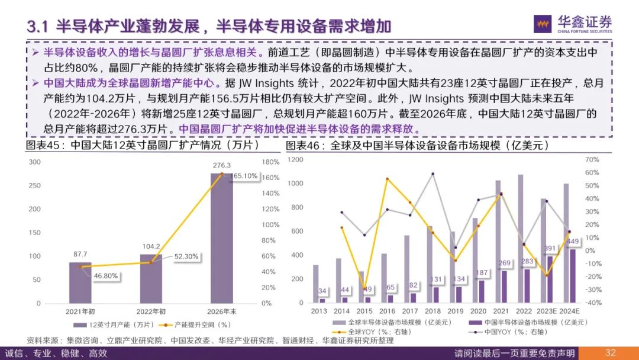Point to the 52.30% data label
point(186,257)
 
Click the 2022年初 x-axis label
point(151,311)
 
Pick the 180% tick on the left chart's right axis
point(270,162)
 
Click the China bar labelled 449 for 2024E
point(573,276)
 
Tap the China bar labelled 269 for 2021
point(505,287)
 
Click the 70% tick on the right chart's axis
point(592,159)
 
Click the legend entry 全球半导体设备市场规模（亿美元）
point(393,323)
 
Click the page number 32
point(611,353)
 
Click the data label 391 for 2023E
point(550,249)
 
